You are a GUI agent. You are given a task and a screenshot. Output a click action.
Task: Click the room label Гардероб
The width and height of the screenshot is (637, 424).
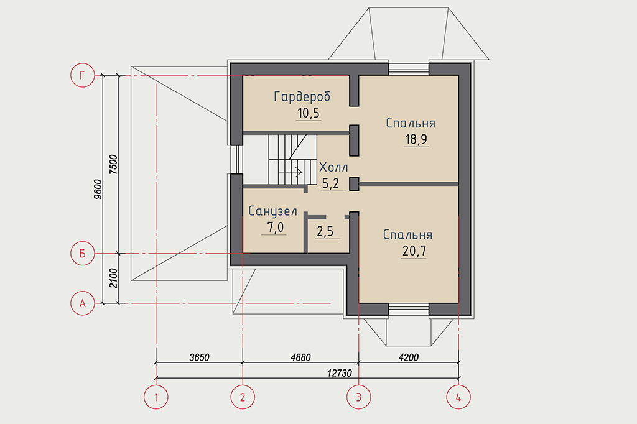302,96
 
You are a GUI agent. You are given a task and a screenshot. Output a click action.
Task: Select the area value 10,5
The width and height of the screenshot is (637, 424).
309,113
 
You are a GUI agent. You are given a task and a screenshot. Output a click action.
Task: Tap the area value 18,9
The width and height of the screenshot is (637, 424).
416,139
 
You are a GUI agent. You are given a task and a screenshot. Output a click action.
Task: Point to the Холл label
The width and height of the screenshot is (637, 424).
333,167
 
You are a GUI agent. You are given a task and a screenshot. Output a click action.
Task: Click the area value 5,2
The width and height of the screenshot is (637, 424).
330,183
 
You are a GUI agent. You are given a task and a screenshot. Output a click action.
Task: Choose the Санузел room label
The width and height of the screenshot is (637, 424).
272,211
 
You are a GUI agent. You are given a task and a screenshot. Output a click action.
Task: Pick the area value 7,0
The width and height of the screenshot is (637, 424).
276,228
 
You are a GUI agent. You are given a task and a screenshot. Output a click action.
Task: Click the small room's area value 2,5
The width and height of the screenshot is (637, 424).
325,231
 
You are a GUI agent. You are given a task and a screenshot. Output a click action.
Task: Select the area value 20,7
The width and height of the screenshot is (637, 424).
414,251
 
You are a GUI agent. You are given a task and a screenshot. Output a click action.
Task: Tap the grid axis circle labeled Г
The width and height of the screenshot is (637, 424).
83,75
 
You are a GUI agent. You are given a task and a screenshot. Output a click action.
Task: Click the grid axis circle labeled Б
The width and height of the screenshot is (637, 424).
83,254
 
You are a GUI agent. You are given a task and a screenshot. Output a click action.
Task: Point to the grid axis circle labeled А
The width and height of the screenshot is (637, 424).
83,303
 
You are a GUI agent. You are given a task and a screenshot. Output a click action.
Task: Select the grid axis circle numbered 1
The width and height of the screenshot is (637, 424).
156,397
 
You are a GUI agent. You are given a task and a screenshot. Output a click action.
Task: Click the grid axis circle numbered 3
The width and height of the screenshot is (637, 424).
359,397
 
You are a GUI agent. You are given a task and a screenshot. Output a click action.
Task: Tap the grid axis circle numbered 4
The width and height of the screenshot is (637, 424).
458,397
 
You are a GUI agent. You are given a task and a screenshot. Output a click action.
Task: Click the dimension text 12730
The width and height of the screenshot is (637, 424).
340,373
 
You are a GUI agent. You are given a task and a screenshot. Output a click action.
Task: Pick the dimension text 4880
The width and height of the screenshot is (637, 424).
300,357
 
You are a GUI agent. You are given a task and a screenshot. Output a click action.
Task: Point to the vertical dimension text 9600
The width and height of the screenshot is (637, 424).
98,189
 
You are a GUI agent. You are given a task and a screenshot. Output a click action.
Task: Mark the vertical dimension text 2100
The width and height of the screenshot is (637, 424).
113,278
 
